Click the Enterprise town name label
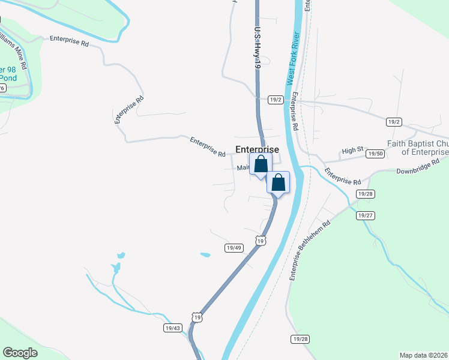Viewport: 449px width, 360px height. tap(257, 149)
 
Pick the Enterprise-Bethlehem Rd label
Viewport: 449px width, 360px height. tap(310, 251)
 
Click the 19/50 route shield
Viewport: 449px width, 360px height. tap(375, 154)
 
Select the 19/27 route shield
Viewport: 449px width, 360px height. tap(365, 215)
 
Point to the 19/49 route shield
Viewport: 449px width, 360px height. tap(234, 247)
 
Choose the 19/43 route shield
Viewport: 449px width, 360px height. tap(172, 328)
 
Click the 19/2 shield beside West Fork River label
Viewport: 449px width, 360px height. tap(276, 100)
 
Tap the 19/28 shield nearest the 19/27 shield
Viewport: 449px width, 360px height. tap(365, 194)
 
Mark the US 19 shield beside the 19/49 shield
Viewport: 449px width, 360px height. tap(259, 240)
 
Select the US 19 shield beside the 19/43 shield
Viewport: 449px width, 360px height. tap(197, 317)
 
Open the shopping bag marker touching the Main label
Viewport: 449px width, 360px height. tap(261, 164)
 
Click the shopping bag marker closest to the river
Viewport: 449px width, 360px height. tap(278, 182)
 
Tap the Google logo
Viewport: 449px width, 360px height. tap(20, 352)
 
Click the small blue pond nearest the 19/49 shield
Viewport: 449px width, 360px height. tap(205, 255)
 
